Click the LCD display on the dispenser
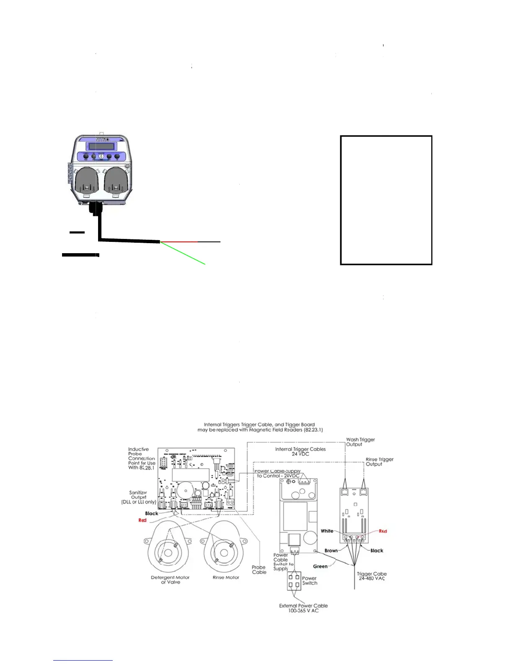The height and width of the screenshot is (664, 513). (x=101, y=146)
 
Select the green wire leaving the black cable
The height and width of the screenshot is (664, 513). (x=184, y=253)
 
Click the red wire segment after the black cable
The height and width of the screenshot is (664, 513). (x=179, y=242)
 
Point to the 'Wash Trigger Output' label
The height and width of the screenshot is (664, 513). (x=360, y=442)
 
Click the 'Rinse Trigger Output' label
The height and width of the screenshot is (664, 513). (x=379, y=462)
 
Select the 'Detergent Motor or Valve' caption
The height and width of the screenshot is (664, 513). (x=170, y=580)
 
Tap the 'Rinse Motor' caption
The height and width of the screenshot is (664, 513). (x=225, y=578)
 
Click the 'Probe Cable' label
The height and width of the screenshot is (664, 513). (x=259, y=570)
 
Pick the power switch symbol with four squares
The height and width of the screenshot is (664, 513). (x=294, y=581)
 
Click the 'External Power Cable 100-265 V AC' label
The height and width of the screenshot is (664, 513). (x=303, y=608)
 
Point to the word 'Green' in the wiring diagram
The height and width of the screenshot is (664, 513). (x=320, y=566)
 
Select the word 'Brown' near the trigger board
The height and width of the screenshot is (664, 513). (x=331, y=550)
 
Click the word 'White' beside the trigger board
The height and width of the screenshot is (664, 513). (x=327, y=531)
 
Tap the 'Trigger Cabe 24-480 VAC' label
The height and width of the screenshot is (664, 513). (x=372, y=576)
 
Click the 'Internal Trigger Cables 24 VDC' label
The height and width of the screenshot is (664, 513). (x=300, y=451)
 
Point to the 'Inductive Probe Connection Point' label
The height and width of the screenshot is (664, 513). (x=141, y=458)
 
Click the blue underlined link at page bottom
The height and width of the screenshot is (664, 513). (x=83, y=660)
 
